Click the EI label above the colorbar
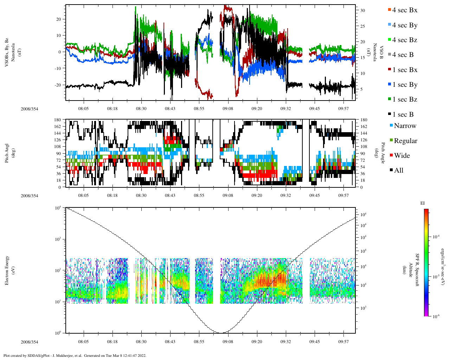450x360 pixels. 423,203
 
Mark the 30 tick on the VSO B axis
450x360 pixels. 362,11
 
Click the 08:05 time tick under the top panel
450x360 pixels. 83,109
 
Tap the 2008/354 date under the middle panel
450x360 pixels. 29,195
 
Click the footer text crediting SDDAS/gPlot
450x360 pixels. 75,355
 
